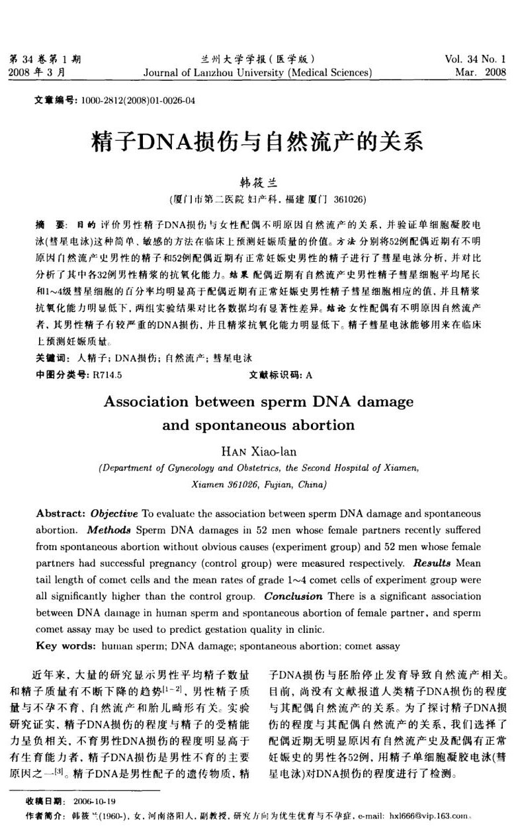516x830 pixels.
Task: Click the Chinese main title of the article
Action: (x=258, y=142)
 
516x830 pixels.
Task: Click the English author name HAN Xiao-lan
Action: (x=258, y=452)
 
